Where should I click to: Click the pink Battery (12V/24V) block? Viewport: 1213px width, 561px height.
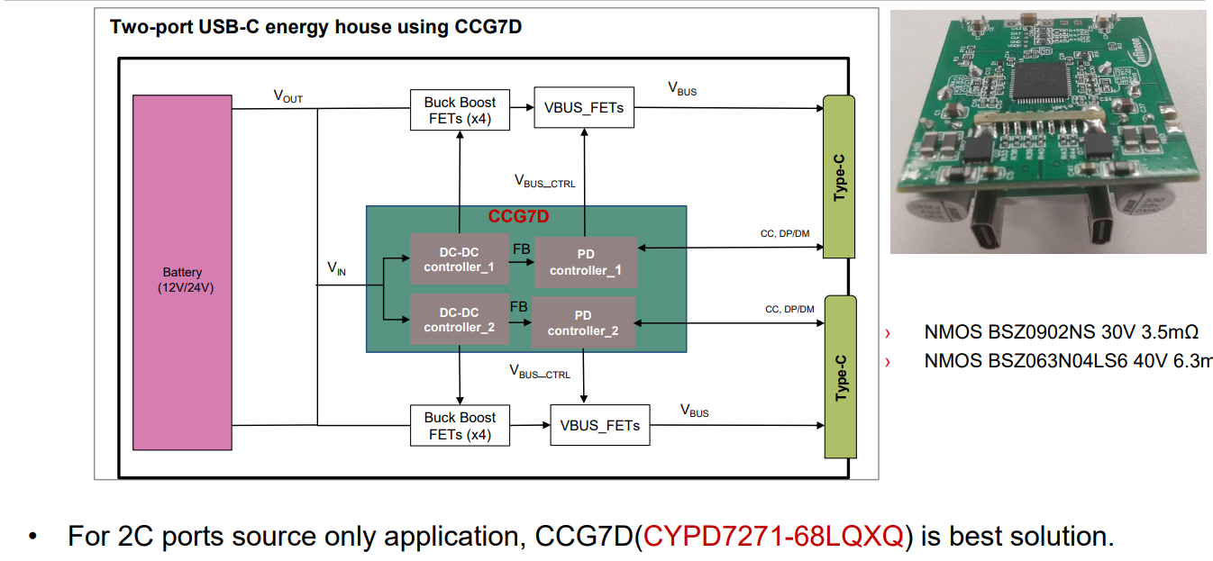[x=182, y=272]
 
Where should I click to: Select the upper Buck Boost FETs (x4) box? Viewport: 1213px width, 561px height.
[x=460, y=110]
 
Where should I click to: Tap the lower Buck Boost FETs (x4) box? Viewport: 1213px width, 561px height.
[x=460, y=425]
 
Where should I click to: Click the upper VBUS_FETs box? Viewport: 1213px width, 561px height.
[x=584, y=108]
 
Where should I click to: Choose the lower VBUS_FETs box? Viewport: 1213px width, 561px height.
[x=599, y=425]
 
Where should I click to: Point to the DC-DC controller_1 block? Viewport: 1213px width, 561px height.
[x=459, y=260]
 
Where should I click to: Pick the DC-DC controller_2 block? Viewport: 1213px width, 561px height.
[x=459, y=320]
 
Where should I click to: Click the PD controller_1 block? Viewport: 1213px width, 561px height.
[x=586, y=263]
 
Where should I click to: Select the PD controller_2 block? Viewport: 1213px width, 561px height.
[x=583, y=323]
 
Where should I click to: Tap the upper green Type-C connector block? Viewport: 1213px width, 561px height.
[x=839, y=176]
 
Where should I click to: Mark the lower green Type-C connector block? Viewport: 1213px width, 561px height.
[x=840, y=376]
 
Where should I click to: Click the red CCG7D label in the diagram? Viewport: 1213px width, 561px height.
[x=518, y=217]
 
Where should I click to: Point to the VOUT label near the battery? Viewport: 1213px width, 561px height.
[x=287, y=96]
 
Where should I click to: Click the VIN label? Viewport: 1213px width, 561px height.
[x=336, y=268]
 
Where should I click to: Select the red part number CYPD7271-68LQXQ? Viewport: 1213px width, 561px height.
[x=773, y=537]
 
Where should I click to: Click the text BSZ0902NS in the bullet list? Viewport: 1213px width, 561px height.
[x=1028, y=332]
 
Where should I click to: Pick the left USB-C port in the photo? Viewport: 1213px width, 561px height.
[x=992, y=230]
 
